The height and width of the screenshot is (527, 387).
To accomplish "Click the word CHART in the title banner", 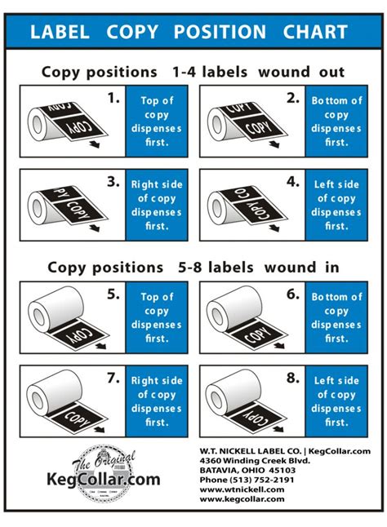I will [x=315, y=33].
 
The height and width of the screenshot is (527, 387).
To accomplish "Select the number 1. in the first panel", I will [x=113, y=100].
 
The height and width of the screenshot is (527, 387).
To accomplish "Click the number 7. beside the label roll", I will [x=113, y=379].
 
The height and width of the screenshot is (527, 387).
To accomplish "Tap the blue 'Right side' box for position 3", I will [x=157, y=204].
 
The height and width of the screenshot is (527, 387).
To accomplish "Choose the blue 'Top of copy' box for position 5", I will [x=157, y=317].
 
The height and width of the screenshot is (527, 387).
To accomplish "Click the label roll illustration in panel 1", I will [x=65, y=121].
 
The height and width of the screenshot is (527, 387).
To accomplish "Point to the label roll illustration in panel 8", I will [x=245, y=401].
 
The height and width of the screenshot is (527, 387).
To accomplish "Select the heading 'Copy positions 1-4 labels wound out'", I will [x=193, y=71].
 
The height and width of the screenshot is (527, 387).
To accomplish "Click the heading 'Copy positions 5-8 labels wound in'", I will [x=193, y=267].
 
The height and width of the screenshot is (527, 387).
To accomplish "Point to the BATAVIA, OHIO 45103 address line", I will [x=259, y=470].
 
